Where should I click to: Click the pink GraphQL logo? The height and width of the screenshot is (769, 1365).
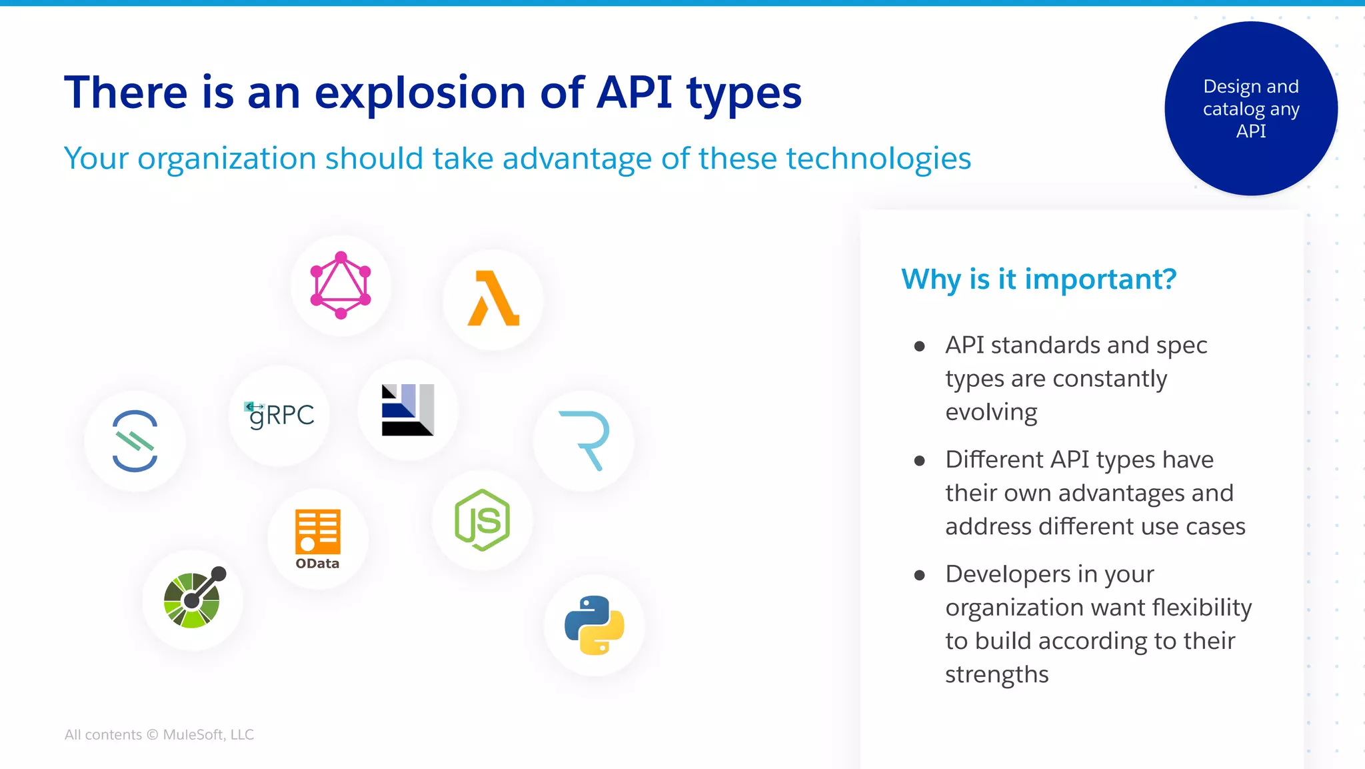click(341, 285)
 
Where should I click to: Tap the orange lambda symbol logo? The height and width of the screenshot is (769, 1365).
click(493, 299)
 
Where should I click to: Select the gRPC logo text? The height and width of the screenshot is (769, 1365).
click(281, 415)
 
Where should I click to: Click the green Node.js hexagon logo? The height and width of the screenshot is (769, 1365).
click(482, 520)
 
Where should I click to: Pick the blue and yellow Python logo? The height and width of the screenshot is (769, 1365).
click(594, 625)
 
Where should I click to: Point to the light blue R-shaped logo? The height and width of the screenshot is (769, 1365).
click(585, 440)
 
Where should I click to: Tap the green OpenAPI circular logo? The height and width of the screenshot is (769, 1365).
click(193, 598)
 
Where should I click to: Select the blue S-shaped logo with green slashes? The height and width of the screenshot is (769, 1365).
click(135, 441)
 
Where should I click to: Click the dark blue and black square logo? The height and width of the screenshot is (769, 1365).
click(407, 410)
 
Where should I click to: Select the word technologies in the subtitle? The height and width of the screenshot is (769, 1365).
click(878, 159)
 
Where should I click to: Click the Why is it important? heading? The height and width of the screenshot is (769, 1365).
click(1038, 279)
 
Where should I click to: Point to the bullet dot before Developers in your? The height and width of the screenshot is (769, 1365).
click(920, 575)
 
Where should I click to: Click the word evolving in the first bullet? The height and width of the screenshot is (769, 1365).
click(991, 412)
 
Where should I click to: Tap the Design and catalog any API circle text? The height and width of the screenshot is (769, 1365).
click(1251, 109)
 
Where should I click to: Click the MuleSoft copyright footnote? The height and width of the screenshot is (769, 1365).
click(159, 734)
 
